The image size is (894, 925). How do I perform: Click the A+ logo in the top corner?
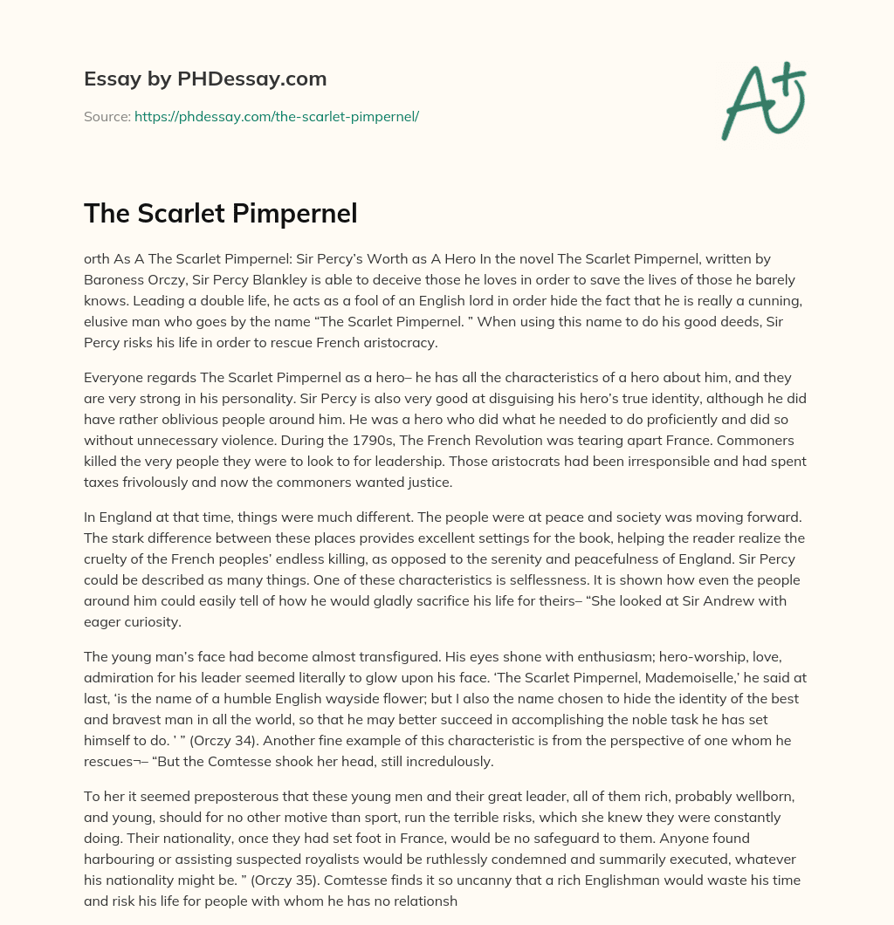pos(762,101)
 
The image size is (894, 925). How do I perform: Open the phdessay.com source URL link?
pos(277,116)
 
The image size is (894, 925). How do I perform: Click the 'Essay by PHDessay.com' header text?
pos(205,79)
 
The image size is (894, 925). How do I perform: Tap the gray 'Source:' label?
pos(107,116)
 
